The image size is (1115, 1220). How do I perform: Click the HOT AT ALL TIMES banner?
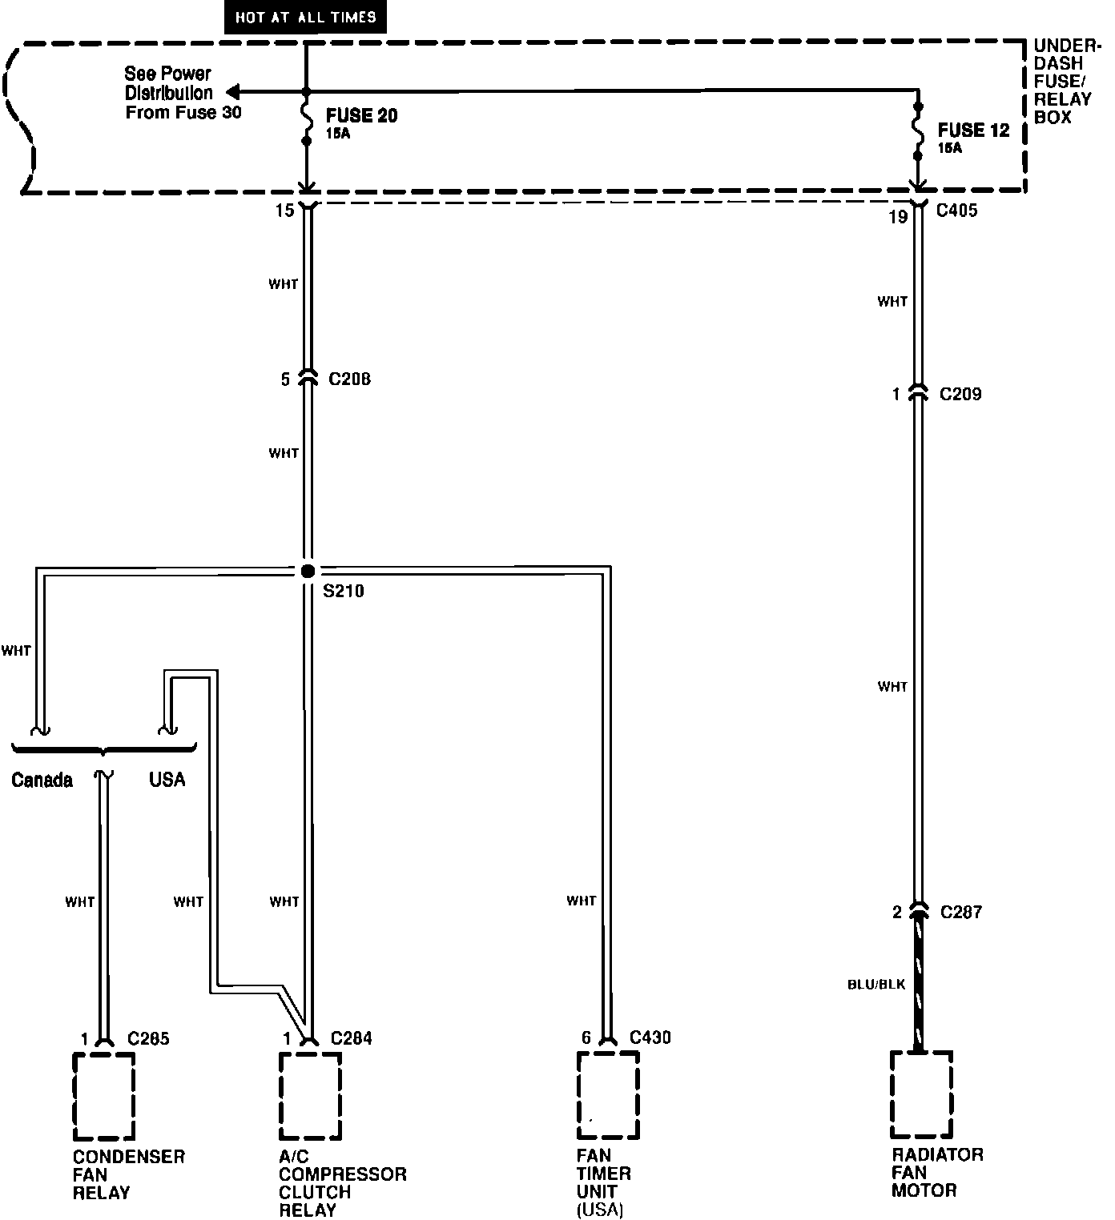pyautogui.click(x=306, y=17)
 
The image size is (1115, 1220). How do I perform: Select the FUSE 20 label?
pyautogui.click(x=361, y=116)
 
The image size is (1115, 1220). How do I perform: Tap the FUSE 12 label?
pyautogui.click(x=973, y=130)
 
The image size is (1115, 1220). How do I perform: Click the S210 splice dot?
pyautogui.click(x=308, y=571)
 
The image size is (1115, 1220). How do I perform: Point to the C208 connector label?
pyautogui.click(x=349, y=379)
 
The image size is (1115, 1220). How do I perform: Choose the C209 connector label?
pyautogui.click(x=960, y=394)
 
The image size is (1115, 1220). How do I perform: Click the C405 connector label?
pyautogui.click(x=956, y=211)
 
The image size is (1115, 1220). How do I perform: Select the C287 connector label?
pyautogui.click(x=960, y=912)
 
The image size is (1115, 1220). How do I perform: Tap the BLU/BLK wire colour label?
pyautogui.click(x=876, y=984)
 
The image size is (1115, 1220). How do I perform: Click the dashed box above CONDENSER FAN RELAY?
pyautogui.click(x=103, y=1096)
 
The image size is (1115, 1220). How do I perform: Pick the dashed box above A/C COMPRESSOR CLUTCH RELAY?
pyautogui.click(x=310, y=1096)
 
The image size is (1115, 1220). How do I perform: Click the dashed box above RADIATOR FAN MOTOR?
pyautogui.click(x=921, y=1094)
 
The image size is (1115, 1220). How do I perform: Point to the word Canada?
pyautogui.click(x=42, y=780)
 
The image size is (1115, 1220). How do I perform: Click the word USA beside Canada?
pyautogui.click(x=167, y=779)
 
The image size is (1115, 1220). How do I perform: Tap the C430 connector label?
pyautogui.click(x=650, y=1038)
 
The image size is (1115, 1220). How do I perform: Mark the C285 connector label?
pyautogui.click(x=149, y=1039)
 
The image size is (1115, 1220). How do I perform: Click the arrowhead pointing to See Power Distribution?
pyautogui.click(x=231, y=92)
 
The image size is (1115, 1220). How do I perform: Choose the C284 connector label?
pyautogui.click(x=351, y=1039)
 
